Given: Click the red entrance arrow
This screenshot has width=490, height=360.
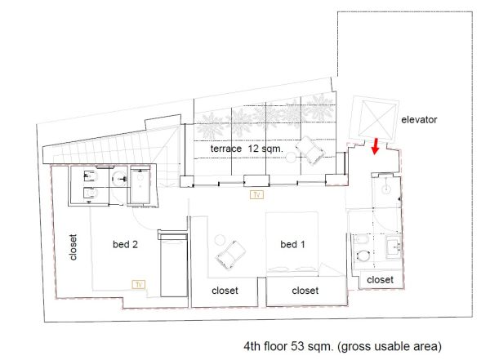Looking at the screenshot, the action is (x=376, y=146).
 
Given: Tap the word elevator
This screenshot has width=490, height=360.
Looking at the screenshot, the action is (x=419, y=120).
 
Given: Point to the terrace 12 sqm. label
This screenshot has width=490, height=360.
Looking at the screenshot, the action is (x=247, y=149).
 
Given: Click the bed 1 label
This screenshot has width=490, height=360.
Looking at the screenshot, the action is (x=292, y=244).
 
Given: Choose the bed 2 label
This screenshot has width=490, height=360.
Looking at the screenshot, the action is (x=125, y=244).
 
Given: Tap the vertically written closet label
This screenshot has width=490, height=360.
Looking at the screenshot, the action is (x=73, y=247).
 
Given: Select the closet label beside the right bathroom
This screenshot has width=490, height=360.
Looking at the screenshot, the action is (x=380, y=280).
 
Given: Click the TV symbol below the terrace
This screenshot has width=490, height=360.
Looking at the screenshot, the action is (x=257, y=194).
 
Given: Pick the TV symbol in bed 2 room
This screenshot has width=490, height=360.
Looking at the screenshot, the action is (x=139, y=284).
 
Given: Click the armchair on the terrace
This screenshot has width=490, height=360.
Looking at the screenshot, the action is (x=310, y=150).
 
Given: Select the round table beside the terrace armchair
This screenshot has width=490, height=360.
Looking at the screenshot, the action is (x=291, y=158).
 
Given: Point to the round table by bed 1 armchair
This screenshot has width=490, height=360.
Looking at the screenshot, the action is (x=220, y=240).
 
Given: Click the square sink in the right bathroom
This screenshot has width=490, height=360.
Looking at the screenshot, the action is (x=394, y=247).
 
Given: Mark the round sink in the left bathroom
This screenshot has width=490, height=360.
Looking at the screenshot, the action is (x=120, y=179).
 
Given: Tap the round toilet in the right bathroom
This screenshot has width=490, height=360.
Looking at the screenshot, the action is (x=362, y=255).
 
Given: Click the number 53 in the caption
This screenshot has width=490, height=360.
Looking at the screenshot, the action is (x=297, y=346).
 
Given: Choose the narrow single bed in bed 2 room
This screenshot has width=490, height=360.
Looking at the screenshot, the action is (x=174, y=264).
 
